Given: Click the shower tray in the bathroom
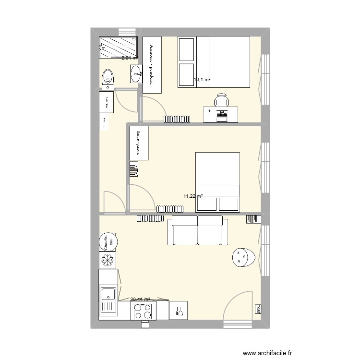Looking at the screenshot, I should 118,47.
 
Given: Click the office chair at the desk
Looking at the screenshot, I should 221,100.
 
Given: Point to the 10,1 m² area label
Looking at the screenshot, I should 202,80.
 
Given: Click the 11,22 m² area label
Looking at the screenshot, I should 193,196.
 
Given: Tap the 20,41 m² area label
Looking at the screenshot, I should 140,299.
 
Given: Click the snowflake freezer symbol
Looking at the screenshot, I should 108,260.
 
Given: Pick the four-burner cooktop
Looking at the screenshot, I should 144,311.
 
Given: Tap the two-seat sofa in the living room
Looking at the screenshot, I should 197,230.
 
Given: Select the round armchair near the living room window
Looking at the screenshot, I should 243,257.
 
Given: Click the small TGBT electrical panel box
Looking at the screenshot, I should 258,309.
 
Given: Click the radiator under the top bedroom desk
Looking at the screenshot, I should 177,119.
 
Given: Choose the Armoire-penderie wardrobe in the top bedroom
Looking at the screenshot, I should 152,65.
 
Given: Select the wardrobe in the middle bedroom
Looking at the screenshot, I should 140,143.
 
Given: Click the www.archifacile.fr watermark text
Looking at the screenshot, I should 267,353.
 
